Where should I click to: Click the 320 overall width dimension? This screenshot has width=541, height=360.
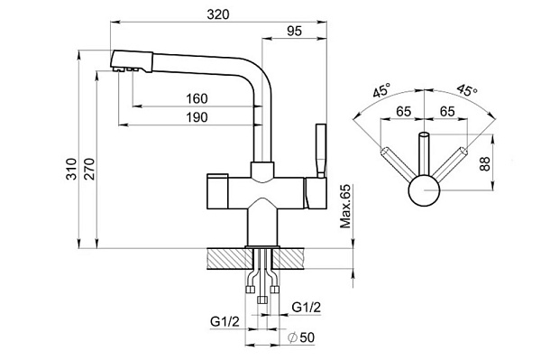tap(217, 14)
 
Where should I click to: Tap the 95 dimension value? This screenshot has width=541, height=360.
tap(294, 31)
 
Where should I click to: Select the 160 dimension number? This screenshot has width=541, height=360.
tap(197, 98)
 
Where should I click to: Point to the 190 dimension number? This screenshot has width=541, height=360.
tap(197, 117)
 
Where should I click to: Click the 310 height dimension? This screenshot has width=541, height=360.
tap(71, 169)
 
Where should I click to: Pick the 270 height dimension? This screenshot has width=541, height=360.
tap(89, 169)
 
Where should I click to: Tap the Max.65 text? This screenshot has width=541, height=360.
tap(345, 207)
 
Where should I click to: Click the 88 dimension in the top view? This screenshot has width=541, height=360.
tap(484, 164)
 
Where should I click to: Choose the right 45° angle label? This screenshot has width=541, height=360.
tap(467, 90)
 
